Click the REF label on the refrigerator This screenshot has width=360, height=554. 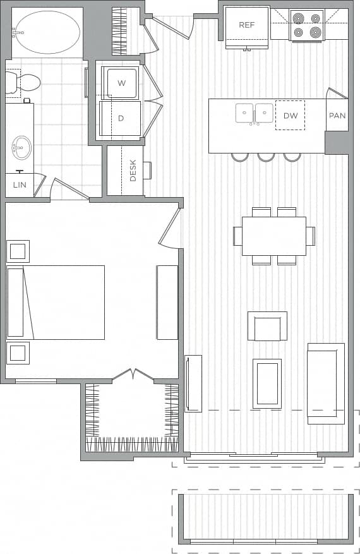(x=246, y=25)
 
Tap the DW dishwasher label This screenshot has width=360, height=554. (x=290, y=116)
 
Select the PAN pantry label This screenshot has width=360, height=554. (x=337, y=116)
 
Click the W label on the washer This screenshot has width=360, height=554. (x=122, y=83)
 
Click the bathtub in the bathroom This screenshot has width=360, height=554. (x=47, y=32)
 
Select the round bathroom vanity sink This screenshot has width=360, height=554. (x=21, y=148)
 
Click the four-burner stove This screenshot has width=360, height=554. (x=306, y=25)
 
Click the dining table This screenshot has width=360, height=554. (x=273, y=236)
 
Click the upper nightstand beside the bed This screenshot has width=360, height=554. (x=18, y=251)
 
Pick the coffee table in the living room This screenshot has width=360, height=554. (x=267, y=382)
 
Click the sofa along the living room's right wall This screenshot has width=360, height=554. (x=326, y=383)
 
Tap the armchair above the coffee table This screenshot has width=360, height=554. (x=267, y=327)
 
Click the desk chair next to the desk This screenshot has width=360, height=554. (x=147, y=171)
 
